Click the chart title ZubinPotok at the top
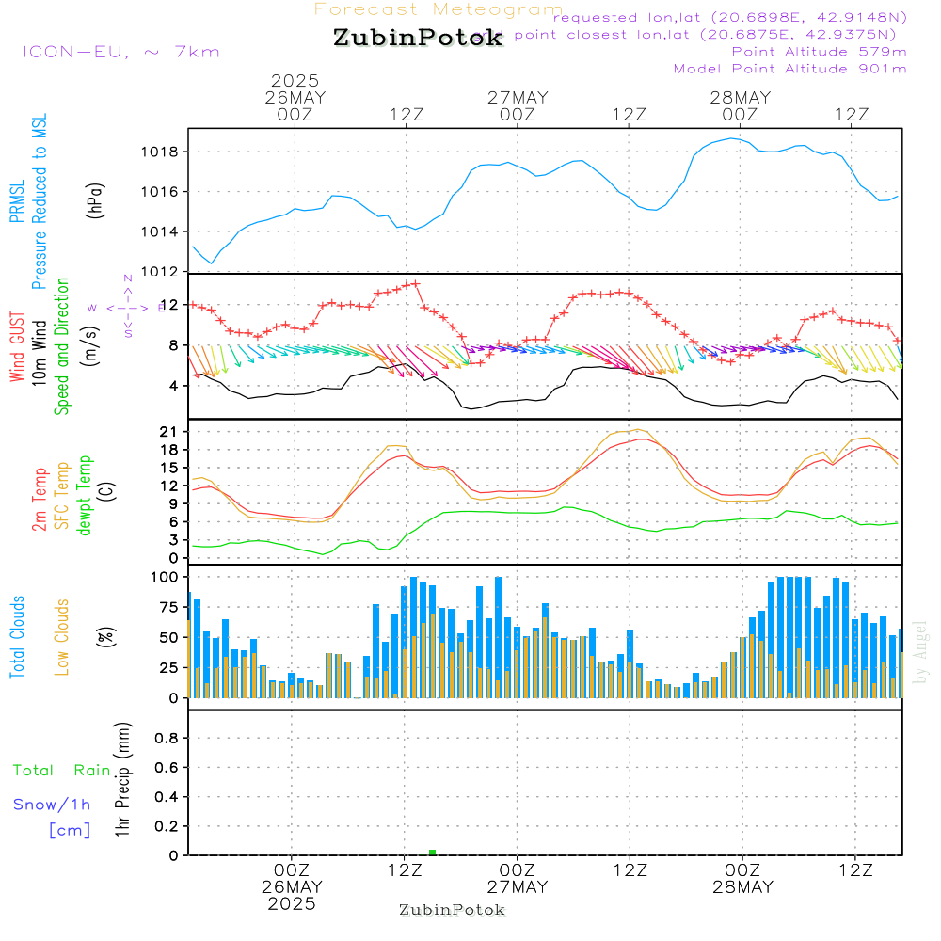coord(418,39)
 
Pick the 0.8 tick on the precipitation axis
coord(167,739)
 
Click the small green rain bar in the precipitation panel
coord(432,853)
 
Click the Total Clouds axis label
coord(17,637)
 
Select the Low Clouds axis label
coord(62,637)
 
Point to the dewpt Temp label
coord(85,496)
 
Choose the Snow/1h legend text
coord(53,805)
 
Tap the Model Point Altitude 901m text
coord(790,69)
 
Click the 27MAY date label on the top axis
coord(518,98)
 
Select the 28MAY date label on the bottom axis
coord(742,887)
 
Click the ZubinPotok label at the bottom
coord(452,910)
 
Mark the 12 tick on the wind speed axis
coord(171,305)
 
